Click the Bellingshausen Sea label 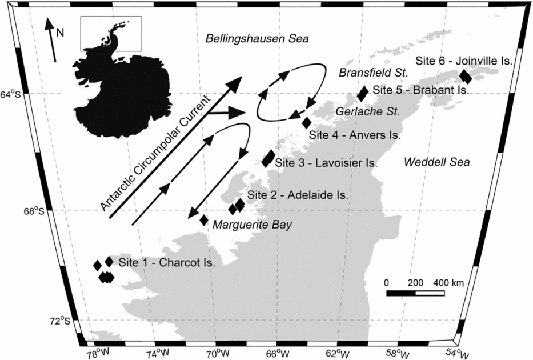pyautogui.click(x=257, y=39)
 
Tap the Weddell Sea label pyautogui.click(x=436, y=162)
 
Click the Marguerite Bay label pyautogui.click(x=252, y=225)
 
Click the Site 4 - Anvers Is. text pyautogui.click(x=355, y=136)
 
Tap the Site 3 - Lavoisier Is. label pyautogui.click(x=326, y=163)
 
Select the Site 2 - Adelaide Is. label pyautogui.click(x=298, y=195)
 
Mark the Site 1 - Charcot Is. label pyautogui.click(x=167, y=263)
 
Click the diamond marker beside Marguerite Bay pyautogui.click(x=204, y=220)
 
